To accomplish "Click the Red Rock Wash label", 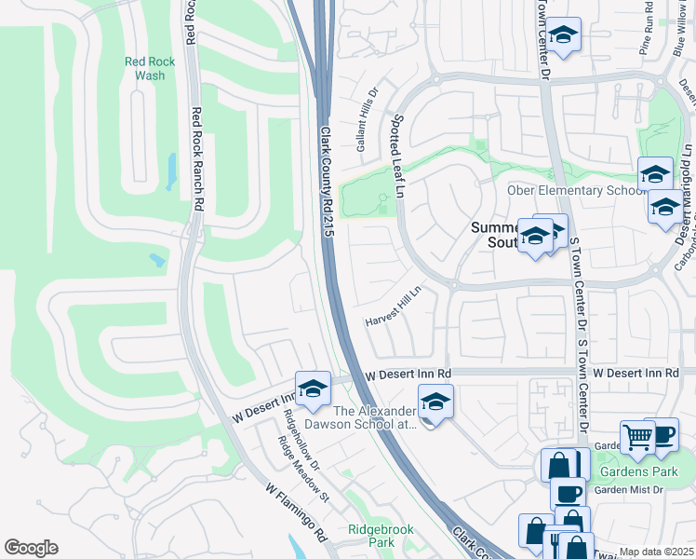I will [143, 68].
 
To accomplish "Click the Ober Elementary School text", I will [575, 191].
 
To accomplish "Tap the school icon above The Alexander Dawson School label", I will [435, 402].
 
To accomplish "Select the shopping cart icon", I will [637, 437].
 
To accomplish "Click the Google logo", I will [32, 548].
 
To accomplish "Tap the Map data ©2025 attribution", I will [656, 552].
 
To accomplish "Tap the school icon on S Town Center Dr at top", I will [562, 35].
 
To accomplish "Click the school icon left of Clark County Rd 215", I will [314, 389].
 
